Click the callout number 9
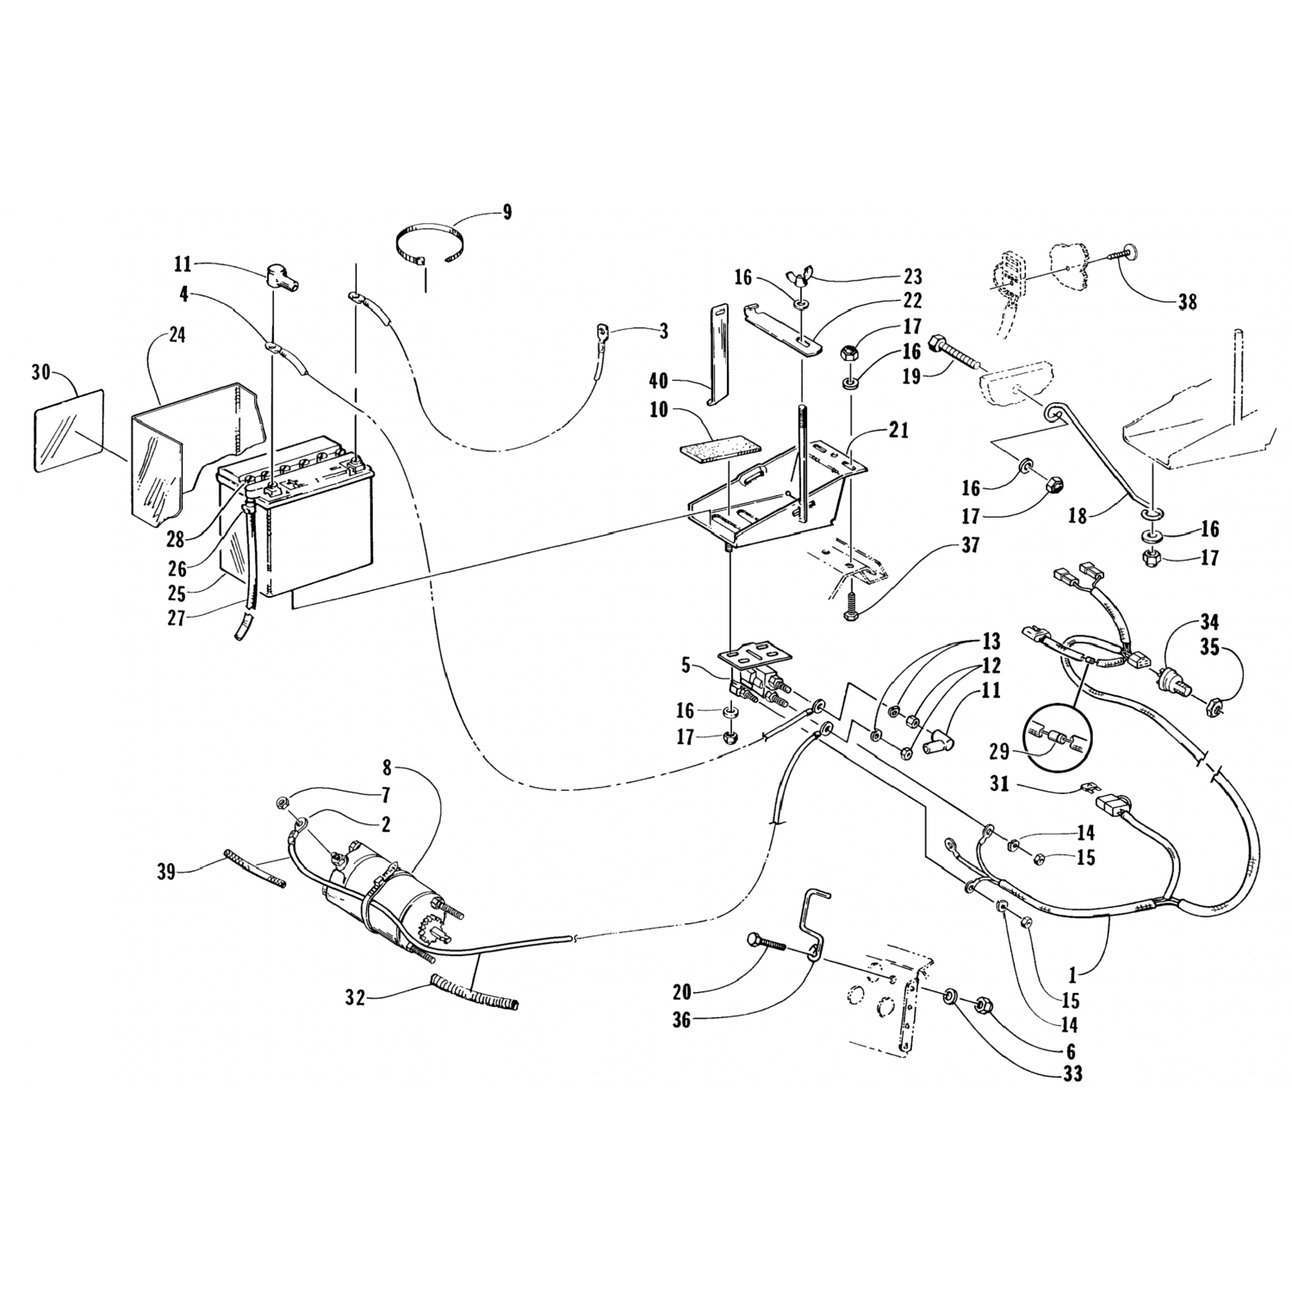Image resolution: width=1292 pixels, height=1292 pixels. [x=506, y=212]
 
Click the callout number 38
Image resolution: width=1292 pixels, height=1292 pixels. [x=1188, y=301]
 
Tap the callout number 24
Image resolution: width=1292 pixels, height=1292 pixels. [x=177, y=335]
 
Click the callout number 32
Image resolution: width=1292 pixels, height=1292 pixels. [x=356, y=998]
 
